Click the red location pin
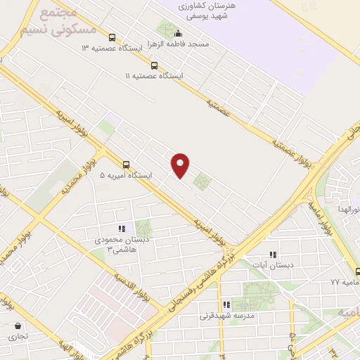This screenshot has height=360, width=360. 181,165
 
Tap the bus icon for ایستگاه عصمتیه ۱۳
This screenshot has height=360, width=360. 112,38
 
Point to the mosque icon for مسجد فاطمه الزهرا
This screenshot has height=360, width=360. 179,32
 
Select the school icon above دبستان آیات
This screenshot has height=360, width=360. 274,255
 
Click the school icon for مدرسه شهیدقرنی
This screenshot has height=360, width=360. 226,305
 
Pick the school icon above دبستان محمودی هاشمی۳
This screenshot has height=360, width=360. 121,229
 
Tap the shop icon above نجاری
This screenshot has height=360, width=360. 18,326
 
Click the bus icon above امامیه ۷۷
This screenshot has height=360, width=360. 358,272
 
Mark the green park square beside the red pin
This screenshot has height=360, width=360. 202,181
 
